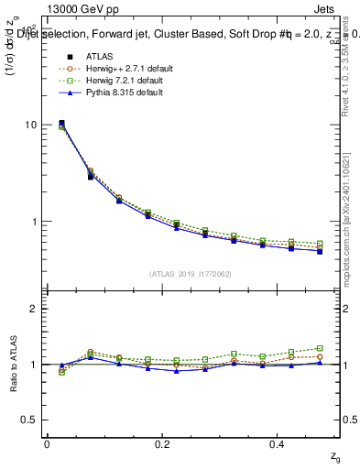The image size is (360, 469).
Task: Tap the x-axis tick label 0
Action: point(47,443)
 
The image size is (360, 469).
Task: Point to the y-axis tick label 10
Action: point(29,125)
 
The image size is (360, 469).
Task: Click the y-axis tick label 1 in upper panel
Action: point(33,222)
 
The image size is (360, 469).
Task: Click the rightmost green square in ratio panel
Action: point(320,348)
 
